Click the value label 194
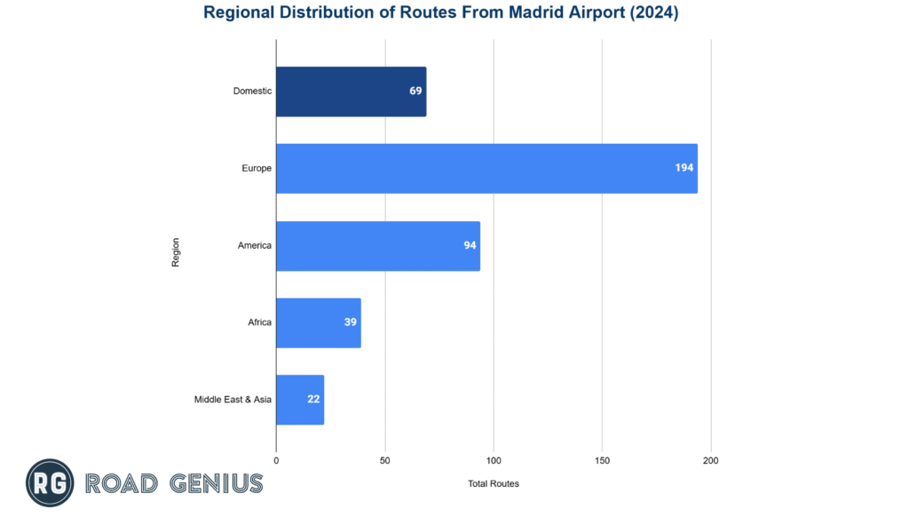tap(684, 168)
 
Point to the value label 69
tap(415, 91)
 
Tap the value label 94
tap(470, 245)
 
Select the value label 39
tap(351, 322)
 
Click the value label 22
tap(313, 400)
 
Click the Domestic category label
tap(252, 91)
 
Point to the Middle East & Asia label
tap(233, 400)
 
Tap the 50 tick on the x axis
tap(385, 460)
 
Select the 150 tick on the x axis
tap(602, 460)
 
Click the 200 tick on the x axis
tap(710, 460)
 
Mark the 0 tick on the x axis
tap(276, 460)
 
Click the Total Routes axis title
tap(494, 484)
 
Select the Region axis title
tap(176, 251)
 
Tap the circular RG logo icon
tap(50, 483)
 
